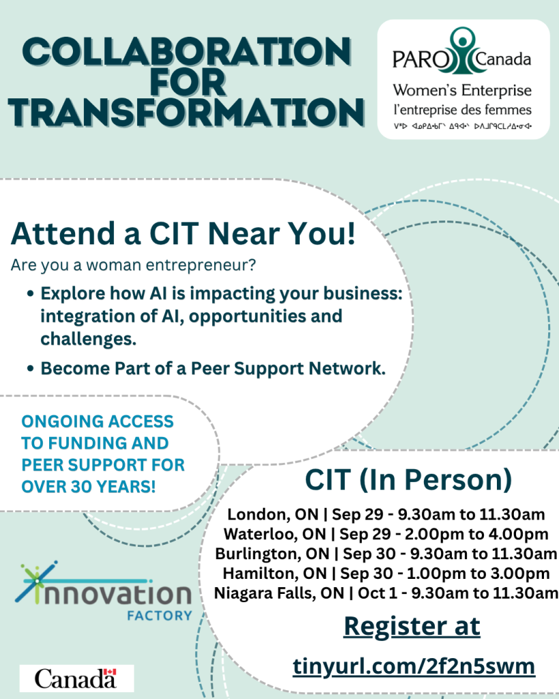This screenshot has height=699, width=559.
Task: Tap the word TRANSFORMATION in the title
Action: tap(186, 112)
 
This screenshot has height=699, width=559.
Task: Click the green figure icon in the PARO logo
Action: tap(462, 51)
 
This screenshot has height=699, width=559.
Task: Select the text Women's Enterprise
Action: tap(462, 91)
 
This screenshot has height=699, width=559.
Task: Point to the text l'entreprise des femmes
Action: tap(462, 110)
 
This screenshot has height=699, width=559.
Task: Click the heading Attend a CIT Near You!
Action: tap(183, 233)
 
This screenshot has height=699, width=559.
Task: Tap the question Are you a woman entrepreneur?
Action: tap(133, 265)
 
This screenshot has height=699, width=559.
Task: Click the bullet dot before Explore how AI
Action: tap(30, 294)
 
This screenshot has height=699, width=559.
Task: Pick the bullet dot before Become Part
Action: tap(30, 369)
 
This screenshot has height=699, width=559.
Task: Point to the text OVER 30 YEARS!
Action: tap(88, 487)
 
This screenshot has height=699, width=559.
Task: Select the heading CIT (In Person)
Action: tap(408, 480)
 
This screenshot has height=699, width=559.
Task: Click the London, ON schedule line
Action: tap(386, 515)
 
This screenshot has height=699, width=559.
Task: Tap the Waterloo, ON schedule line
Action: tap(386, 534)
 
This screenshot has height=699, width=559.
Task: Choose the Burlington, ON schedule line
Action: tap(386, 554)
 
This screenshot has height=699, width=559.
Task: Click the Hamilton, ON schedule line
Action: tap(386, 573)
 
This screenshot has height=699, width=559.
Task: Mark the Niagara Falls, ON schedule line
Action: tap(386, 593)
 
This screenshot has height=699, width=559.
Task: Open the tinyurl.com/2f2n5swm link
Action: tap(414, 667)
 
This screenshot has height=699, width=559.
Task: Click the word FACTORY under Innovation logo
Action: tap(160, 616)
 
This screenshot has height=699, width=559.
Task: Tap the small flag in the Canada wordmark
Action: tap(110, 672)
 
